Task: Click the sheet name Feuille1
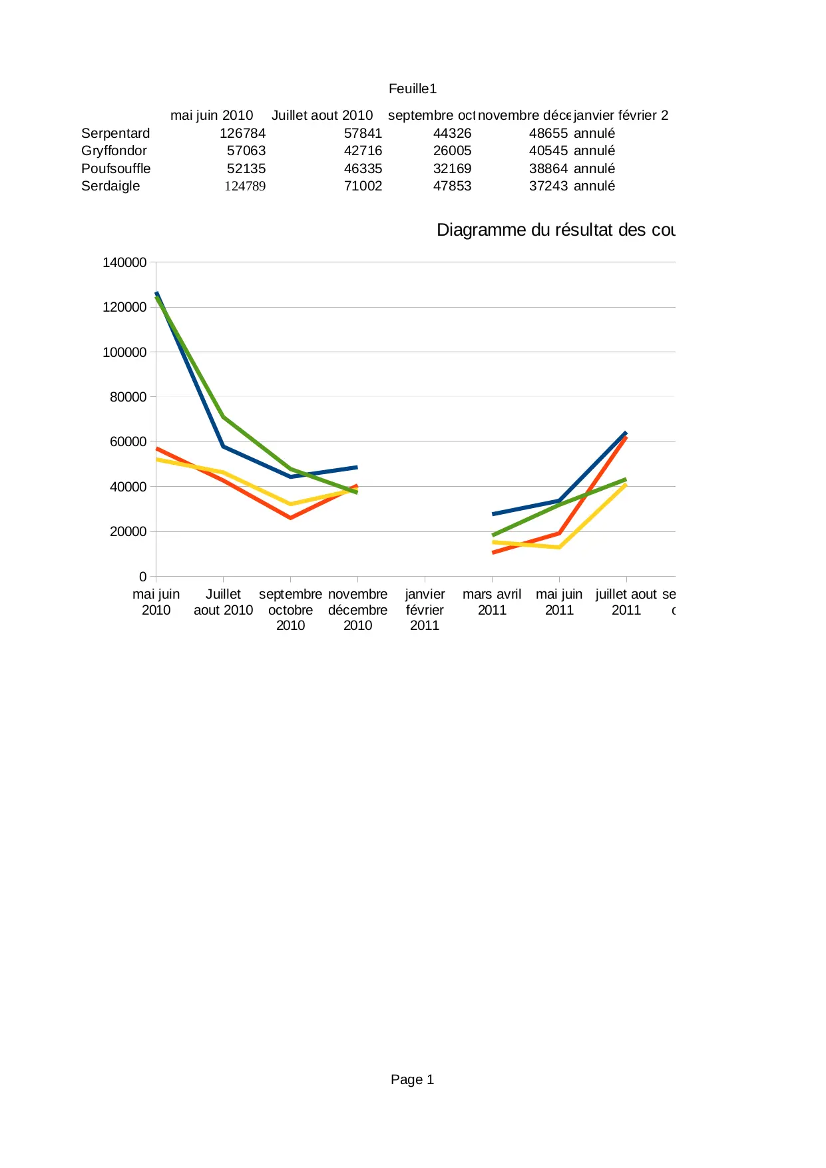(x=412, y=89)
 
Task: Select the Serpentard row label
(x=115, y=133)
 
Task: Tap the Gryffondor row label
(x=114, y=150)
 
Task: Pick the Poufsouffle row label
(x=116, y=168)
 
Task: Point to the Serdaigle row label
(x=110, y=186)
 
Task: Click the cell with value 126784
(x=242, y=133)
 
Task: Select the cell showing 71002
(x=363, y=186)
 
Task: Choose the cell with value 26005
(x=452, y=150)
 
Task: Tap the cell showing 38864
(x=548, y=168)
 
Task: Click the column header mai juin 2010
(x=212, y=115)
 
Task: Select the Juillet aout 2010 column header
(x=322, y=115)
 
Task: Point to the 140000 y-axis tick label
(x=124, y=262)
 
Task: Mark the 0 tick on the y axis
(x=142, y=577)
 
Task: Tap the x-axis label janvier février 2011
(x=425, y=609)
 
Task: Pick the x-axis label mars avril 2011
(x=492, y=602)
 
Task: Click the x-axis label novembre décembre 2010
(x=357, y=609)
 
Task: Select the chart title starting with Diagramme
(x=555, y=230)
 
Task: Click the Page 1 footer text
(x=412, y=1079)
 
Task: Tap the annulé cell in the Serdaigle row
(x=594, y=186)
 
